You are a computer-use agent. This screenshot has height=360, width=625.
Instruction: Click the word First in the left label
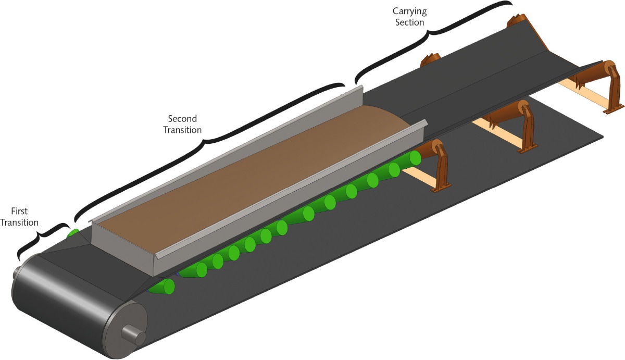coord(19,212)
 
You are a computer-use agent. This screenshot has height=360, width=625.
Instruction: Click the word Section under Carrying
coord(409,22)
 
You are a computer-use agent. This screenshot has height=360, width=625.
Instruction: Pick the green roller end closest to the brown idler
coord(415,157)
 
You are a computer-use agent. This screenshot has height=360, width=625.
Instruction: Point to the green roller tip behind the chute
coord(73,233)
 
